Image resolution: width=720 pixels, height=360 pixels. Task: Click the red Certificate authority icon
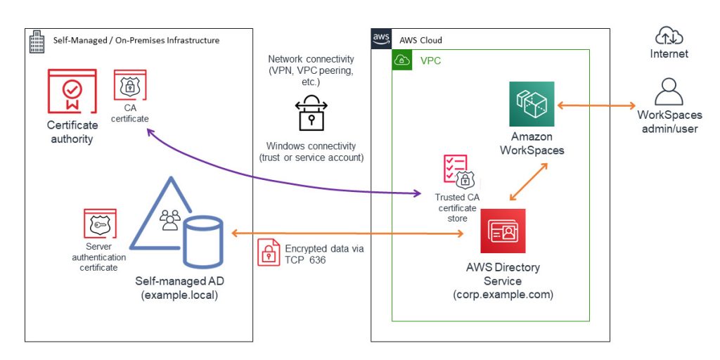pyautogui.click(x=72, y=91)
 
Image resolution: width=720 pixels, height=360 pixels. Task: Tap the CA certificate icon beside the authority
pyautogui.click(x=129, y=87)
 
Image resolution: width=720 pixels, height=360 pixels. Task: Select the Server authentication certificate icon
pyautogui.click(x=100, y=224)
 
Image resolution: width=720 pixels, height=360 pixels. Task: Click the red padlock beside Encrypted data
pyautogui.click(x=269, y=252)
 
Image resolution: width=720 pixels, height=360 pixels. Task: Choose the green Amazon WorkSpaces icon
pyautogui.click(x=532, y=104)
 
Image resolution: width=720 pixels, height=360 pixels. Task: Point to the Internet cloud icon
pyautogui.click(x=669, y=35)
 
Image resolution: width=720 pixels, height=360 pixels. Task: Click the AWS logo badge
pyautogui.click(x=381, y=39)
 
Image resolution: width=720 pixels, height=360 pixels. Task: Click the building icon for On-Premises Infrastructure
pyautogui.click(x=38, y=40)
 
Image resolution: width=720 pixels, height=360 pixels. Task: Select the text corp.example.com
pyautogui.click(x=503, y=294)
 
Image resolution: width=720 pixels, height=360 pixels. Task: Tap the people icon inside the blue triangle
pyautogui.click(x=170, y=221)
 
